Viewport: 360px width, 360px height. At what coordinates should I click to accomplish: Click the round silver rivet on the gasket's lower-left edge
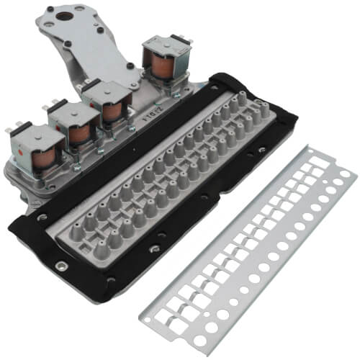point(63,266)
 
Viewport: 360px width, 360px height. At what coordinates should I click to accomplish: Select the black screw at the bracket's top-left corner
point(48,13)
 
